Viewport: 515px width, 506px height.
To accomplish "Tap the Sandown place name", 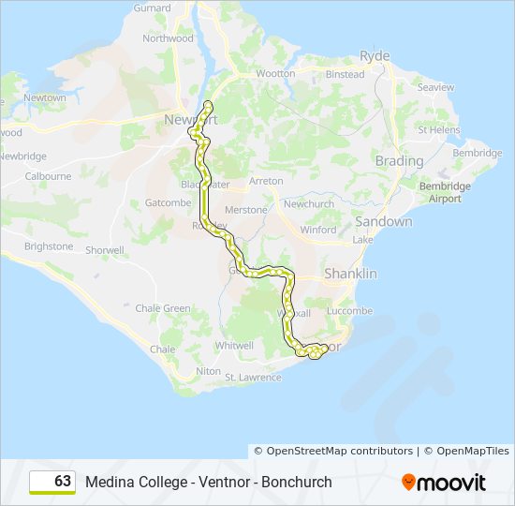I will click(x=383, y=222).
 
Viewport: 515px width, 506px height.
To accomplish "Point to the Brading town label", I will click(x=399, y=161).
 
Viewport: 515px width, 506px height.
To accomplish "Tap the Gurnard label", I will click(x=152, y=8).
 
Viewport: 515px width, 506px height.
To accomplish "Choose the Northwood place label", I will click(x=168, y=38).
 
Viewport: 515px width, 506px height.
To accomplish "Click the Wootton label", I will click(x=275, y=73).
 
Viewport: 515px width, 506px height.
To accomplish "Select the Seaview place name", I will click(x=435, y=87).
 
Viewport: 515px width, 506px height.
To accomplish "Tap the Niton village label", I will click(x=208, y=371).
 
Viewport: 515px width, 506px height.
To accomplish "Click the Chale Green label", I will click(x=163, y=308).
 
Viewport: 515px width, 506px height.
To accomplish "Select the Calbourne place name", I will click(x=48, y=176).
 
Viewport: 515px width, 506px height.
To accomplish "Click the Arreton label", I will click(x=266, y=181).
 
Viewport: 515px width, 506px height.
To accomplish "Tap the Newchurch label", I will click(x=309, y=204).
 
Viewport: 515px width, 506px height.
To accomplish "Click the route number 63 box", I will click(x=52, y=482).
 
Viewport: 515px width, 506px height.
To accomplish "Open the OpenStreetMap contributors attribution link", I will click(x=333, y=451).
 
